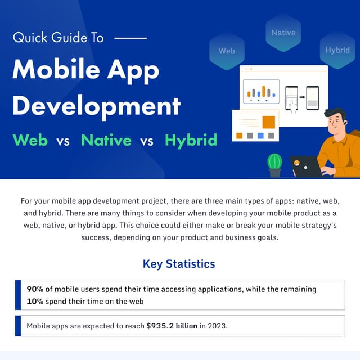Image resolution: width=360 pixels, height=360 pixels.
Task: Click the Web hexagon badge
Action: click(x=227, y=51)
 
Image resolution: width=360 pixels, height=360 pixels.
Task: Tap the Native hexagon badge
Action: click(x=283, y=33)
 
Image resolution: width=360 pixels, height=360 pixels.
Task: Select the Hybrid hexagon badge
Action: click(x=337, y=50)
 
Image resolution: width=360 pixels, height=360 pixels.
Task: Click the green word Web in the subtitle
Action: click(x=30, y=139)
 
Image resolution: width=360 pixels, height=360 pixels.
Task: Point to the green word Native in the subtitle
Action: click(x=106, y=139)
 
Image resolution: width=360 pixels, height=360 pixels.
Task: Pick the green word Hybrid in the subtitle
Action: click(x=191, y=139)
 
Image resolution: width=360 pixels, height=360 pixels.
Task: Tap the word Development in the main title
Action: click(x=96, y=105)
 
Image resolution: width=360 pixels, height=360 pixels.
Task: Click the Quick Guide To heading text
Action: click(x=58, y=38)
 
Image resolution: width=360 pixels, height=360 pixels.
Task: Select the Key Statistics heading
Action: click(x=179, y=264)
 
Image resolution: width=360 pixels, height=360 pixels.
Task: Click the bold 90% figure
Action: click(x=35, y=289)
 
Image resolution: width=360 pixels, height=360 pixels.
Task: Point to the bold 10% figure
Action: click(x=35, y=301)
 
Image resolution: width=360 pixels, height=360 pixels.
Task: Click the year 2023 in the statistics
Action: click(x=217, y=326)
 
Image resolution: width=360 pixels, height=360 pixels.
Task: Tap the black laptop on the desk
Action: click(x=307, y=167)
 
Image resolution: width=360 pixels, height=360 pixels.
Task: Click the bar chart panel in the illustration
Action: click(x=261, y=91)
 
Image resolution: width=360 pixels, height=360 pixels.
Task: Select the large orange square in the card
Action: click(x=268, y=122)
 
